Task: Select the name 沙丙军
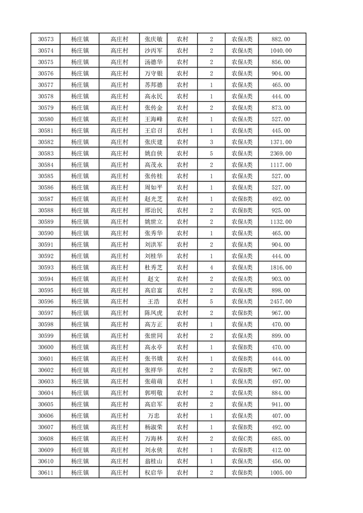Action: [x=153, y=51]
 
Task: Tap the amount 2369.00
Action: [x=281, y=154]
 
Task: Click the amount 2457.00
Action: [x=281, y=302]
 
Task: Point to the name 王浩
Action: [x=153, y=302]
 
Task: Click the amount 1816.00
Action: [x=281, y=267]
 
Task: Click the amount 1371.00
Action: [x=281, y=142]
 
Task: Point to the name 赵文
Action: [x=153, y=279]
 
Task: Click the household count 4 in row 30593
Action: [x=211, y=267]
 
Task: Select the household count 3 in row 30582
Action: [x=211, y=142]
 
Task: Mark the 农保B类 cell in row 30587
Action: [x=242, y=199]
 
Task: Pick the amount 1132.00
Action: [x=281, y=222]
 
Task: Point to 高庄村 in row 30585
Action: [x=119, y=176]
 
